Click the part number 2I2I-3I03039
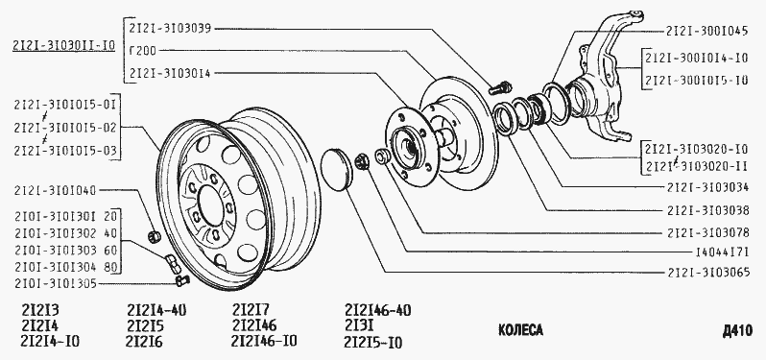pos(170,29)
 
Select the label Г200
pos(143,50)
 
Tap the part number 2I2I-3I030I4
pos(170,73)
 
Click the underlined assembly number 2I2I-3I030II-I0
pos(63,46)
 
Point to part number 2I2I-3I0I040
pos(56,189)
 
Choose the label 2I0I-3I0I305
pos(56,284)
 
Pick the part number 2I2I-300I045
pos(706,31)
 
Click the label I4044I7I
pos(722,253)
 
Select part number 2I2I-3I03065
pos(706,273)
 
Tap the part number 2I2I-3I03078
pos(706,232)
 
